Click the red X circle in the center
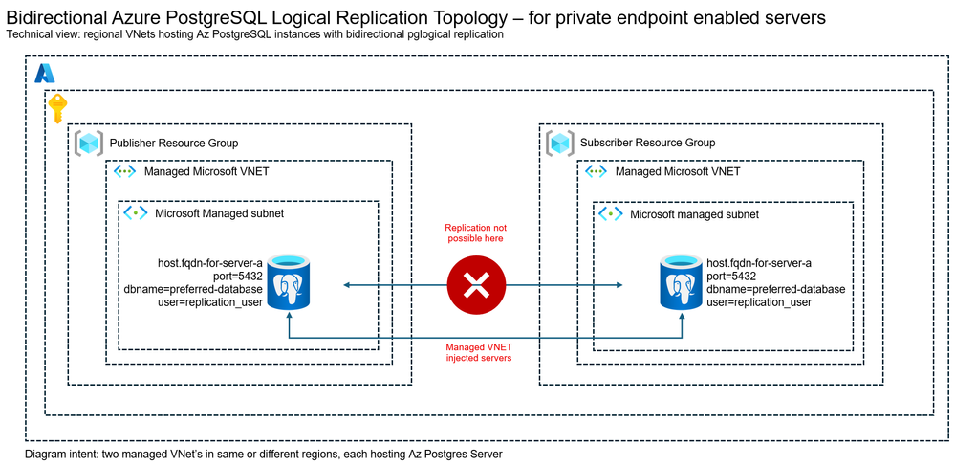[476, 285]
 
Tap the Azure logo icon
[45, 73]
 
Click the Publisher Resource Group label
[174, 143]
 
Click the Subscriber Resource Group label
[647, 143]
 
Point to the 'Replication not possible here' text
[475, 233]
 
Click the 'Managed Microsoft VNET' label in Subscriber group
[678, 172]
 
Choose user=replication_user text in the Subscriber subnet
[759, 302]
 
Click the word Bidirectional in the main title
[59, 18]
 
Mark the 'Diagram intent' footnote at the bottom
[264, 453]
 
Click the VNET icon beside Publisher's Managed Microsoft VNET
[124, 172]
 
